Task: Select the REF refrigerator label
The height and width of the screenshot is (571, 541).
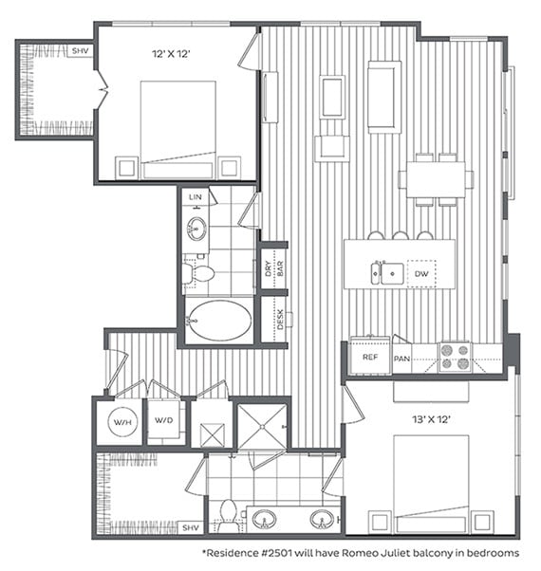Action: [x=368, y=358]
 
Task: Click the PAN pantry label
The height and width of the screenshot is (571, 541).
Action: [x=401, y=358]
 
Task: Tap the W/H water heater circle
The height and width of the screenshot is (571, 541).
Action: [x=121, y=422]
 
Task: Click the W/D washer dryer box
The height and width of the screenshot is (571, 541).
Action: [x=163, y=422]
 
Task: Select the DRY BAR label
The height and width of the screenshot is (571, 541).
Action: [x=269, y=268]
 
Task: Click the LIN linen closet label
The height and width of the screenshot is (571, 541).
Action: [x=196, y=197]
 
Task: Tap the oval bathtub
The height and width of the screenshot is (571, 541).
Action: [x=218, y=321]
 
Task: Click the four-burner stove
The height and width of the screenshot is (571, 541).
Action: [x=455, y=357]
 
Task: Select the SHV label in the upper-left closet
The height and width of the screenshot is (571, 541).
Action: [x=80, y=51]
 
